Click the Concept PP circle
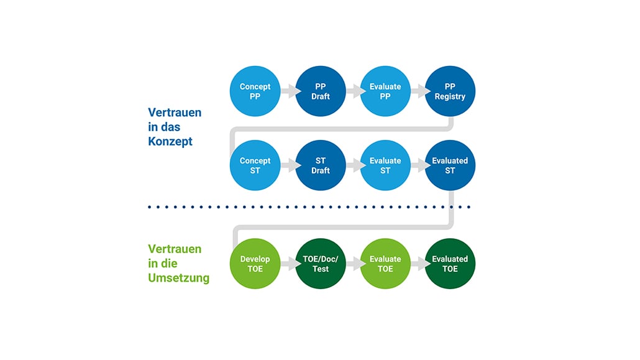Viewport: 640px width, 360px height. pos(255,91)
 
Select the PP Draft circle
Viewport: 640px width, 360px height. pos(320,91)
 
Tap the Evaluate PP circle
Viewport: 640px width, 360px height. pos(385,91)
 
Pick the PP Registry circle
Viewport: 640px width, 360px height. pos(450,91)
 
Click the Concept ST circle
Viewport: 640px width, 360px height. pos(255,165)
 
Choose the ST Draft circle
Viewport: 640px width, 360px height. pos(320,165)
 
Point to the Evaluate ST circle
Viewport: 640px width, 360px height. pos(385,165)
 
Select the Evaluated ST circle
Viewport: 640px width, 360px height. pos(450,165)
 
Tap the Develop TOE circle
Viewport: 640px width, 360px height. pos(255,264)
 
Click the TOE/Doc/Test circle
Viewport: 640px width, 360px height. pos(320,264)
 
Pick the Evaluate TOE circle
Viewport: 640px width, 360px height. pos(385,264)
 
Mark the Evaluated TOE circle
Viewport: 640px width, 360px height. pos(450,264)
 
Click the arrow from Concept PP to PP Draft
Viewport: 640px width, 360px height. pos(288,91)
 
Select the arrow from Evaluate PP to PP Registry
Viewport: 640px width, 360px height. pos(418,91)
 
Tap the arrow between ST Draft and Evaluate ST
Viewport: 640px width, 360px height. pos(353,165)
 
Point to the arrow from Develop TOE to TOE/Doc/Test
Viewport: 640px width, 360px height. pos(288,264)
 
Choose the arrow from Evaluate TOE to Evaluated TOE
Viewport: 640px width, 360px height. pos(418,264)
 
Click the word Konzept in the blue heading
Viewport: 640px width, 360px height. pos(170,142)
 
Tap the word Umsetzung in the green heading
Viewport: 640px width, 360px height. pos(178,278)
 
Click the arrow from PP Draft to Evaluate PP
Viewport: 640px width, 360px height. pos(353,91)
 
